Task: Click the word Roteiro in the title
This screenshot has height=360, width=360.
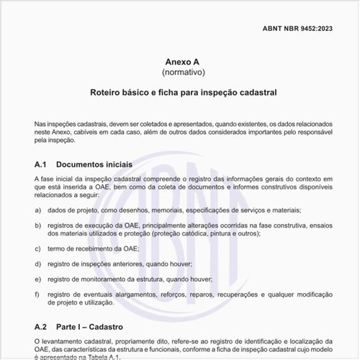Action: coord(107,93)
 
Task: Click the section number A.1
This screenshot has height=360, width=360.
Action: coord(40,164)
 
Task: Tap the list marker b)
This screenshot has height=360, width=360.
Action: coord(37,225)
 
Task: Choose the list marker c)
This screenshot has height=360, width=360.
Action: coord(37,248)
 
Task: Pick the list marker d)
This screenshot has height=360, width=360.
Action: coord(37,264)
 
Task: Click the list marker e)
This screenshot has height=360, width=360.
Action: coord(37,279)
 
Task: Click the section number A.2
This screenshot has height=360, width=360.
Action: coord(40,326)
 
